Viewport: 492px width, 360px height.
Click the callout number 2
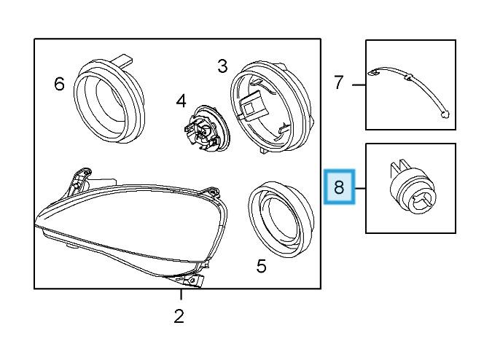[x=179, y=316]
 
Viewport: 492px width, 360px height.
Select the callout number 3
[x=222, y=67]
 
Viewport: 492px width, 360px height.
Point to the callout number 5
[x=261, y=267]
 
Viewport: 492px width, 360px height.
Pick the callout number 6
[x=59, y=85]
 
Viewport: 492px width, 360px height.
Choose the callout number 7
[x=338, y=83]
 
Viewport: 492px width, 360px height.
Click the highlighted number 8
[x=339, y=187]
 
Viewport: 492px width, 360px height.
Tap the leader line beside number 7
[x=358, y=85]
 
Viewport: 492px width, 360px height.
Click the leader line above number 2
[x=180, y=294]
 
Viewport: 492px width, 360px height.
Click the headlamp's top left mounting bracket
[x=79, y=177]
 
